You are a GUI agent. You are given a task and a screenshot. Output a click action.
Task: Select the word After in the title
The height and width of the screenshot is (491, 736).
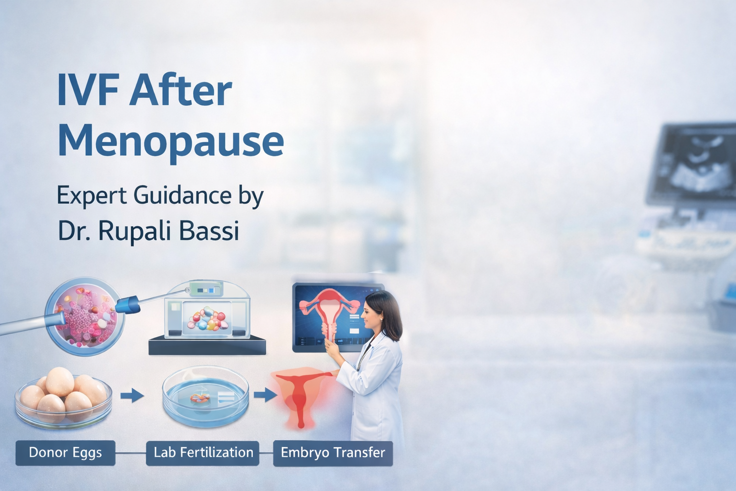click(181, 90)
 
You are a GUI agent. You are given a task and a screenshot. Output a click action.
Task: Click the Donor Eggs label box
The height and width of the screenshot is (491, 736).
click(65, 453)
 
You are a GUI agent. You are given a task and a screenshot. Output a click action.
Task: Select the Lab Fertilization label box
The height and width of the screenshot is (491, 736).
click(203, 453)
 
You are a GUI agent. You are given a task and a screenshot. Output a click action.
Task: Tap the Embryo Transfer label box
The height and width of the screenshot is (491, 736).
click(333, 453)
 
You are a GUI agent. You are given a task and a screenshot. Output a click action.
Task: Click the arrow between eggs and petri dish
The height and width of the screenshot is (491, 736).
click(132, 395)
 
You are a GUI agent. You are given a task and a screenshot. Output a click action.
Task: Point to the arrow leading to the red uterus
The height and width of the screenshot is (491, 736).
click(265, 395)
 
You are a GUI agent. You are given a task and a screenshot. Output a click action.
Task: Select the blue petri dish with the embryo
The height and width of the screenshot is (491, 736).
click(206, 398)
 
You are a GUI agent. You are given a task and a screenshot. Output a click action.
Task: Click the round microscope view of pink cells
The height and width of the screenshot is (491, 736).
click(85, 316)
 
